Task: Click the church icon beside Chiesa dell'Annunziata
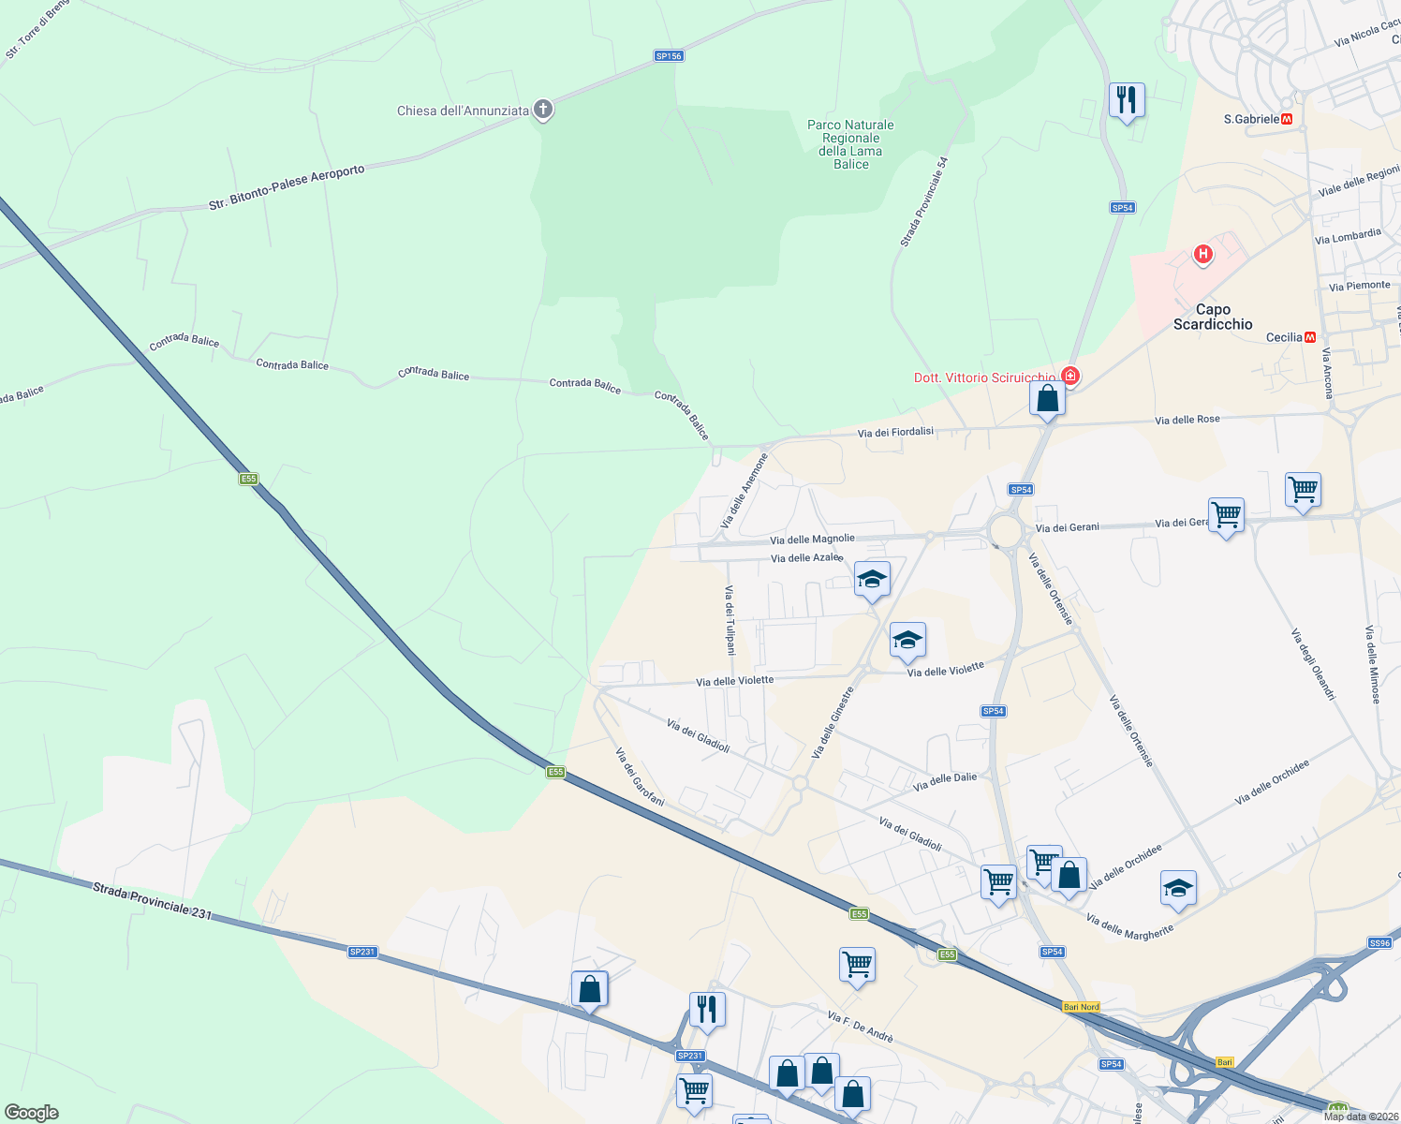(542, 110)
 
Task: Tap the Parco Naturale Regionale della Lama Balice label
(850, 144)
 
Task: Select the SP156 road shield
(669, 56)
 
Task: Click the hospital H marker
(1202, 254)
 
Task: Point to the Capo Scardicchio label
(1213, 317)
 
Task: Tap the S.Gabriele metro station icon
(1287, 119)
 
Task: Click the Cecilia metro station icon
(1310, 337)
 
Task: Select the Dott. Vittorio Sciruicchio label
(983, 377)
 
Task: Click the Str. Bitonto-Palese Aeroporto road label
(287, 187)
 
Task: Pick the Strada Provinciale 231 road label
(153, 900)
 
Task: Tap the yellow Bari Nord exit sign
(1082, 1007)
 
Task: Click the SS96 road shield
(1379, 943)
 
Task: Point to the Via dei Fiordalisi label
(895, 432)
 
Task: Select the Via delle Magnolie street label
(812, 539)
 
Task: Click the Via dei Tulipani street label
(730, 619)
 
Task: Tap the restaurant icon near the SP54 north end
(1126, 98)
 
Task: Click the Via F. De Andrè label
(860, 1027)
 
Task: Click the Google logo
(32, 1112)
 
